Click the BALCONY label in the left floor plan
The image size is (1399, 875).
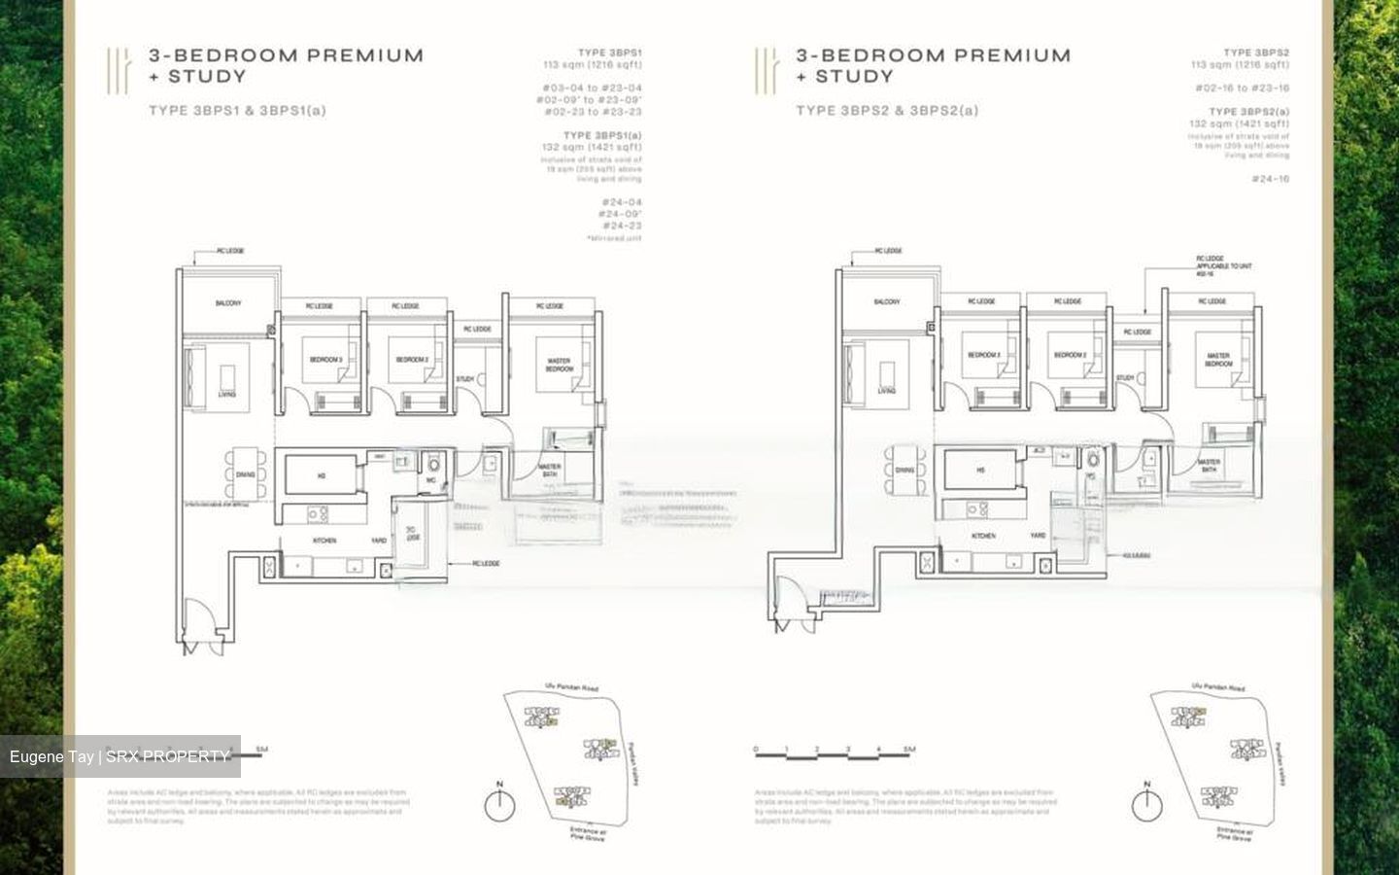tap(228, 303)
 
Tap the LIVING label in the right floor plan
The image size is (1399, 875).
tap(886, 391)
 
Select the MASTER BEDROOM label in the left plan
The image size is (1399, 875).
tap(559, 365)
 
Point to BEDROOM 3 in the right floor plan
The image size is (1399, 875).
tap(983, 355)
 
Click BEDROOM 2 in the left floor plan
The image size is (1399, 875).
tap(412, 360)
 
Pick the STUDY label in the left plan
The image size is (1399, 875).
tap(464, 379)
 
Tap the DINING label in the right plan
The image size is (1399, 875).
tap(904, 471)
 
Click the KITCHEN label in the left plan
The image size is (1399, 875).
tap(324, 540)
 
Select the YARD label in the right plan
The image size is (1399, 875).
tap(1038, 536)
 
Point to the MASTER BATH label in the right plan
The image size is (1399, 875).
tap(1209, 466)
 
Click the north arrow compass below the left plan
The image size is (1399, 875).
tap(499, 805)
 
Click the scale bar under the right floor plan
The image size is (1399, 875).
tap(834, 751)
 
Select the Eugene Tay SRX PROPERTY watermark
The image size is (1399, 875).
tap(120, 756)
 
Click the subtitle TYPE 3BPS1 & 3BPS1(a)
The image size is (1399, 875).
tap(237, 111)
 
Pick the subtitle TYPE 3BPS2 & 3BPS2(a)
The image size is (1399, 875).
tap(887, 111)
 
